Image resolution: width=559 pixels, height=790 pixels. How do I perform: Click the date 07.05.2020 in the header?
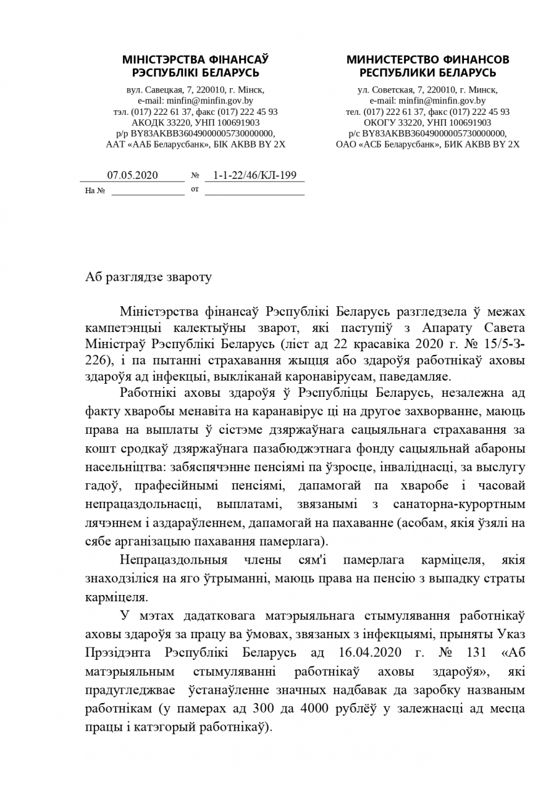(x=132, y=175)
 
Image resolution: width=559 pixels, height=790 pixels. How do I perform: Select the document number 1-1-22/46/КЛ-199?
(x=254, y=175)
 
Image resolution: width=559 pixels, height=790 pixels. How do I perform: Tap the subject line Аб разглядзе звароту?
(x=148, y=277)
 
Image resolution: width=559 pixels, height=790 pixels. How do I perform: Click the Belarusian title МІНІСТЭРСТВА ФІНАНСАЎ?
(x=195, y=60)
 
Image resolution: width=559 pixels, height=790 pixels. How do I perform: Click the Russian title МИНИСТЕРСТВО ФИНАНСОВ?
(x=427, y=60)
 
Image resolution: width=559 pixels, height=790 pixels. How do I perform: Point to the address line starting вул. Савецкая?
(x=195, y=90)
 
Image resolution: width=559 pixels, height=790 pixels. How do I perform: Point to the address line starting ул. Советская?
(x=427, y=90)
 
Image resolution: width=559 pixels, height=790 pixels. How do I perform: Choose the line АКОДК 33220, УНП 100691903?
(x=195, y=123)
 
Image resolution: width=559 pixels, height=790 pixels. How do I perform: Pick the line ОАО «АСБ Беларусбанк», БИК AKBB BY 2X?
(x=427, y=144)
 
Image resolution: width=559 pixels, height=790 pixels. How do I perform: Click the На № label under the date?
(x=95, y=191)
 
